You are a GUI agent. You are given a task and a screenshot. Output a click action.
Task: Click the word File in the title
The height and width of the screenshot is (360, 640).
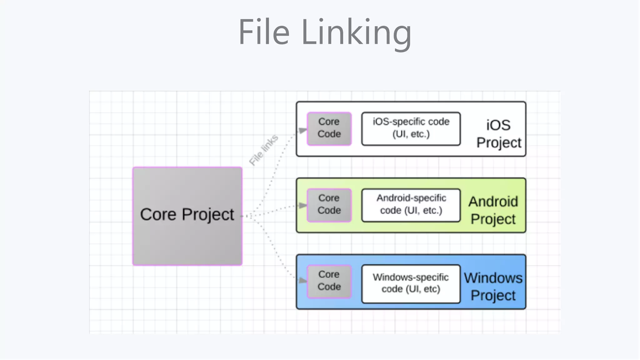(x=264, y=32)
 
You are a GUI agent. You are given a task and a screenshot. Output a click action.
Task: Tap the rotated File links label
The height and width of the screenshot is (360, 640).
(x=263, y=150)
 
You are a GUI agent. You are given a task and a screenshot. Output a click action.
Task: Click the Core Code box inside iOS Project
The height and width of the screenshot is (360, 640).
(x=329, y=128)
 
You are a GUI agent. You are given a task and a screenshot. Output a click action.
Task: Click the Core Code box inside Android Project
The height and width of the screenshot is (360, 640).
(x=329, y=205)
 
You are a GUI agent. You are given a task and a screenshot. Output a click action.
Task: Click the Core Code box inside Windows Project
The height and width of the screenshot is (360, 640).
(x=329, y=281)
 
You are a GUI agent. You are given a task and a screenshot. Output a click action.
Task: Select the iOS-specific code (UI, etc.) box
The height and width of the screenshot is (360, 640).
(x=411, y=128)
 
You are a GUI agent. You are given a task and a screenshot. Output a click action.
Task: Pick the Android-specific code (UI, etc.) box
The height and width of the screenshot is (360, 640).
(x=411, y=205)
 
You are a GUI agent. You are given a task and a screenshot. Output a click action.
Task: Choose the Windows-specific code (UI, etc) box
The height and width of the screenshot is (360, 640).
(x=411, y=284)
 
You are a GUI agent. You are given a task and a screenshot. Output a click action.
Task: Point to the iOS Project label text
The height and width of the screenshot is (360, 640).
(x=498, y=134)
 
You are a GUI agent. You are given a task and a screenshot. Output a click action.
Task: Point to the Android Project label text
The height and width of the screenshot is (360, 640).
(x=493, y=210)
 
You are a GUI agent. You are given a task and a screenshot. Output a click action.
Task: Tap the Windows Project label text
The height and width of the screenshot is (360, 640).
(x=493, y=287)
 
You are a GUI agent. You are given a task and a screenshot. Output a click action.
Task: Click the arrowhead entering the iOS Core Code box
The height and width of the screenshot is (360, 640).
(x=302, y=130)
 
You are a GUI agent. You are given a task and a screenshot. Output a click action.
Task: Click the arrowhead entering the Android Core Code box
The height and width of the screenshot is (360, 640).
(x=302, y=205)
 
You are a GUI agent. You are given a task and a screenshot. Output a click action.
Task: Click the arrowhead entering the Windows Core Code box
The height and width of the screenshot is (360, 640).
(x=302, y=280)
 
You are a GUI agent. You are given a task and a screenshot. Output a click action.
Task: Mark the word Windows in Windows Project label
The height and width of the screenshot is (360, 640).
(x=493, y=278)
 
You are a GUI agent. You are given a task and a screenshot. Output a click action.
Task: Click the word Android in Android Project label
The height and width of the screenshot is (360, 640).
(x=493, y=202)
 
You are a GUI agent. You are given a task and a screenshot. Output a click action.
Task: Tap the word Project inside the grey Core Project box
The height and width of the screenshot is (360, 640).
(x=208, y=215)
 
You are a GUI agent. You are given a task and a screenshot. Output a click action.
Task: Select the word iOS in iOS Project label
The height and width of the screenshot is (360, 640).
(x=498, y=125)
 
